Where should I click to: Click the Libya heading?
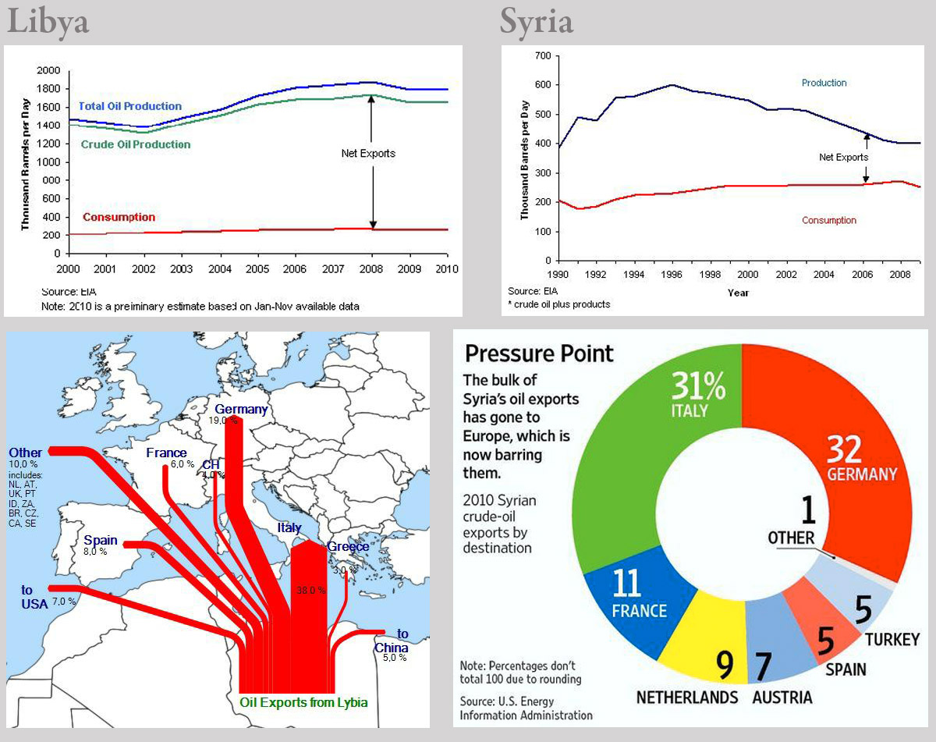[x=48, y=22]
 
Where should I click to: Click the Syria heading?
[x=537, y=22]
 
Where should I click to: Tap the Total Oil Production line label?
[x=130, y=106]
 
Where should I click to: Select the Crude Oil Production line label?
[x=136, y=144]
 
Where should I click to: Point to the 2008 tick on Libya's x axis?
[x=372, y=269]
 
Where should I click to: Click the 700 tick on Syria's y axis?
[x=543, y=56]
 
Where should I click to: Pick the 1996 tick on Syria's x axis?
[x=672, y=275]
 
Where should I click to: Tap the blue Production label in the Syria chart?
[x=824, y=83]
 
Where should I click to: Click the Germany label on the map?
[x=241, y=410]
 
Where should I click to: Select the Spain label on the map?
[x=101, y=541]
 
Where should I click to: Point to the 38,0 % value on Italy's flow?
[x=310, y=591]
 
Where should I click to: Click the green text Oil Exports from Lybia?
[x=303, y=702]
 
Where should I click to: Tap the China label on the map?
[x=391, y=648]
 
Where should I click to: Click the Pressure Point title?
[x=539, y=354]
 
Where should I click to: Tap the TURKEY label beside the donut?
[x=892, y=640]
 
